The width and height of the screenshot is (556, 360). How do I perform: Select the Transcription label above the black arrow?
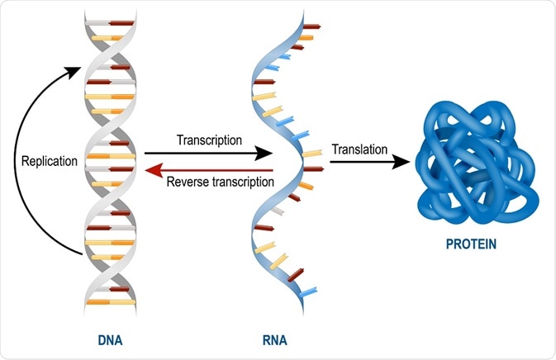(209, 140)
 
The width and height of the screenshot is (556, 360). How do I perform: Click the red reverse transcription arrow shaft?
(215, 170)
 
